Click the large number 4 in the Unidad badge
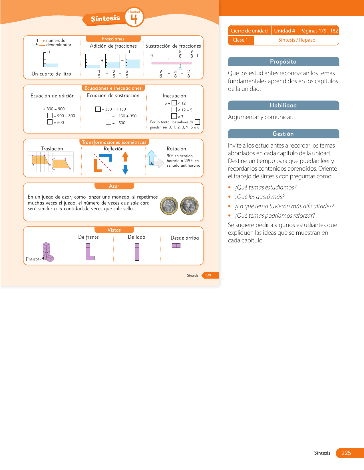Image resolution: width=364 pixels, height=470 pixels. (x=134, y=19)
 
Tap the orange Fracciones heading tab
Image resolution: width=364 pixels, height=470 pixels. (x=113, y=39)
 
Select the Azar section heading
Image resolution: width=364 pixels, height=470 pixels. (x=114, y=186)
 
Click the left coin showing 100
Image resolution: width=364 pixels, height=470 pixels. (x=169, y=206)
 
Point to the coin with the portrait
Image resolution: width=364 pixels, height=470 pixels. (x=189, y=206)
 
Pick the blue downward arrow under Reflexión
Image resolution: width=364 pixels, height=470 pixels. (x=125, y=169)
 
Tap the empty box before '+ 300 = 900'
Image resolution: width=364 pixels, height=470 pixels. (x=39, y=109)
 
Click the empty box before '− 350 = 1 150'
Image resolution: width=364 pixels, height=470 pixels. (x=98, y=109)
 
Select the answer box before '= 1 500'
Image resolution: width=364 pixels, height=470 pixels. (x=108, y=122)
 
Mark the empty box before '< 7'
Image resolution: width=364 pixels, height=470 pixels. (x=174, y=116)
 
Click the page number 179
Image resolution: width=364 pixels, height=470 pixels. (x=208, y=275)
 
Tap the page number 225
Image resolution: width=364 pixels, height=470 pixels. (x=346, y=453)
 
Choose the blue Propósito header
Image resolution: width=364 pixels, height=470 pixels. (x=283, y=62)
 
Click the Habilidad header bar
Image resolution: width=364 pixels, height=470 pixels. (x=283, y=105)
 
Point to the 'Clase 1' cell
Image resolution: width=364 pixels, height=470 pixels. (x=240, y=40)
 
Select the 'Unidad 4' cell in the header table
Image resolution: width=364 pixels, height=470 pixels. (x=284, y=31)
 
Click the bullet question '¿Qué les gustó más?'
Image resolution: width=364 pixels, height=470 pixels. (x=259, y=197)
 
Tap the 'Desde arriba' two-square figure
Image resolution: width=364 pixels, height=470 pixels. (x=176, y=246)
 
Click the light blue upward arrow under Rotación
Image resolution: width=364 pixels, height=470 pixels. (x=152, y=156)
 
